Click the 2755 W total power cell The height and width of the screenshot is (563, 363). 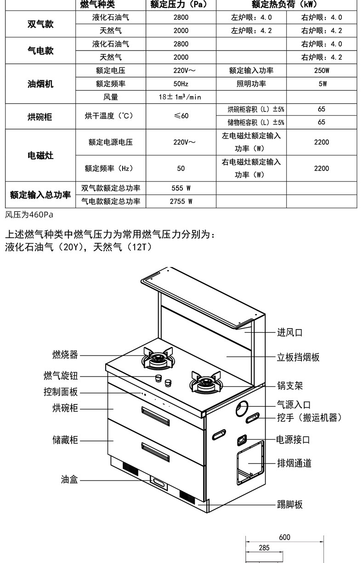click(x=181, y=201)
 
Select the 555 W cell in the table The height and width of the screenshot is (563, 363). click(x=181, y=188)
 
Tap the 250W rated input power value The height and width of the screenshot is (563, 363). click(x=322, y=71)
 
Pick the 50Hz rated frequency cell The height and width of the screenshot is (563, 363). click(x=181, y=84)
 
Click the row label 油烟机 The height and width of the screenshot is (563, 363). click(x=40, y=84)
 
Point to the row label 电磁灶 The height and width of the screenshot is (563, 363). click(x=40, y=155)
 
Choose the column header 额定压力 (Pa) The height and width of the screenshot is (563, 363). click(x=181, y=5)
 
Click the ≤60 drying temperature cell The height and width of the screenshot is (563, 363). click(x=181, y=116)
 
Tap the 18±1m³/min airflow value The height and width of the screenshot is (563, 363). click(x=181, y=97)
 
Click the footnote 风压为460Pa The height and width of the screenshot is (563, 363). click(x=29, y=215)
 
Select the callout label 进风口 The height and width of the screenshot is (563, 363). click(x=289, y=332)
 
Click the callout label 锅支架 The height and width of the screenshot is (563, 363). click(x=289, y=385)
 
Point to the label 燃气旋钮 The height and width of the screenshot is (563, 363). click(x=61, y=376)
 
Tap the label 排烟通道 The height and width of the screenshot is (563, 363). click(x=294, y=463)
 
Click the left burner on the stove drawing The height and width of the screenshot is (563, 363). click(x=158, y=358)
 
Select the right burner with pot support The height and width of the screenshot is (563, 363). click(x=205, y=383)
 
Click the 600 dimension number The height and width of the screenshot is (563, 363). click(x=284, y=537)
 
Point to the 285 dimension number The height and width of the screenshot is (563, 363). click(x=264, y=548)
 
